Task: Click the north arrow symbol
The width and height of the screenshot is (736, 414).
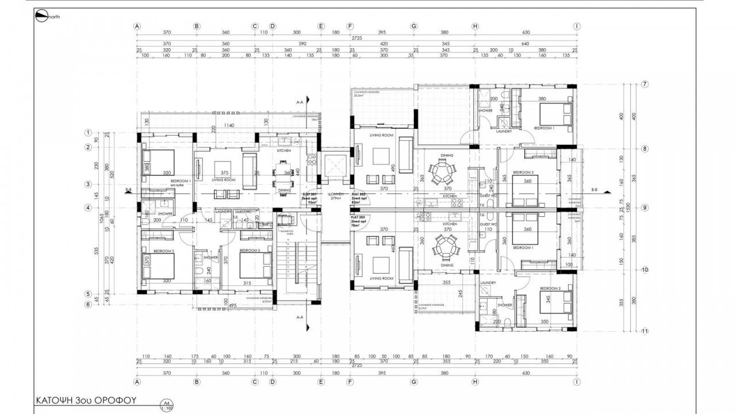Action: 41,17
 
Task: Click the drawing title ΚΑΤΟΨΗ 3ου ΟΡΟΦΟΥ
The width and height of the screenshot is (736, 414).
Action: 86,400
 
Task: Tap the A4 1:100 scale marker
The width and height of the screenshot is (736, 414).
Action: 167,405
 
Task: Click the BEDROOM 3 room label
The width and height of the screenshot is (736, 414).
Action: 250,251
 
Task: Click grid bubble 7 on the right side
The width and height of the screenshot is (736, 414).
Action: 645,85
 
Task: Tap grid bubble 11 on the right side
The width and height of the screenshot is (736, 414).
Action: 645,331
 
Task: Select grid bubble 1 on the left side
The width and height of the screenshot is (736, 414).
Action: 88,133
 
